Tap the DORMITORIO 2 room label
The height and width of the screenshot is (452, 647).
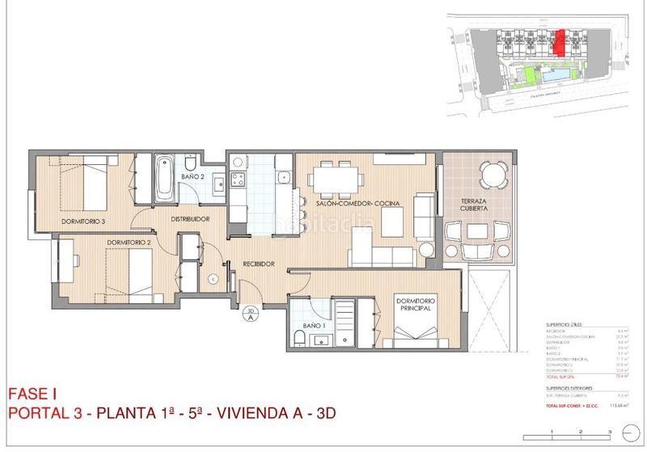click(x=129, y=242)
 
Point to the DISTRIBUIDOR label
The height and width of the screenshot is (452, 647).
click(x=191, y=219)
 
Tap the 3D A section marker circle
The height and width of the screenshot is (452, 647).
click(x=251, y=314)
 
